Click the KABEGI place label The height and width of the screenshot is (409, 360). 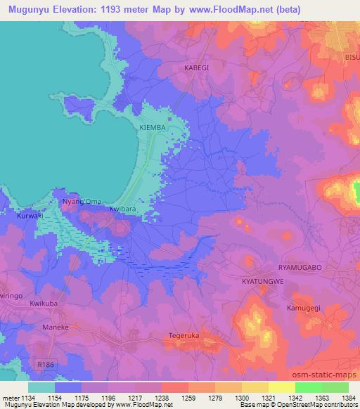[196, 67]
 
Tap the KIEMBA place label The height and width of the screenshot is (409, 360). [153, 128]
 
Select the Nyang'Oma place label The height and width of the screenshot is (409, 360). [77, 202]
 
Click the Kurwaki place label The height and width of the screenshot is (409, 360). [30, 216]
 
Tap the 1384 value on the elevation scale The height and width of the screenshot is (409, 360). [347, 397]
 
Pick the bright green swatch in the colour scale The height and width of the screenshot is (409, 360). [308, 387]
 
